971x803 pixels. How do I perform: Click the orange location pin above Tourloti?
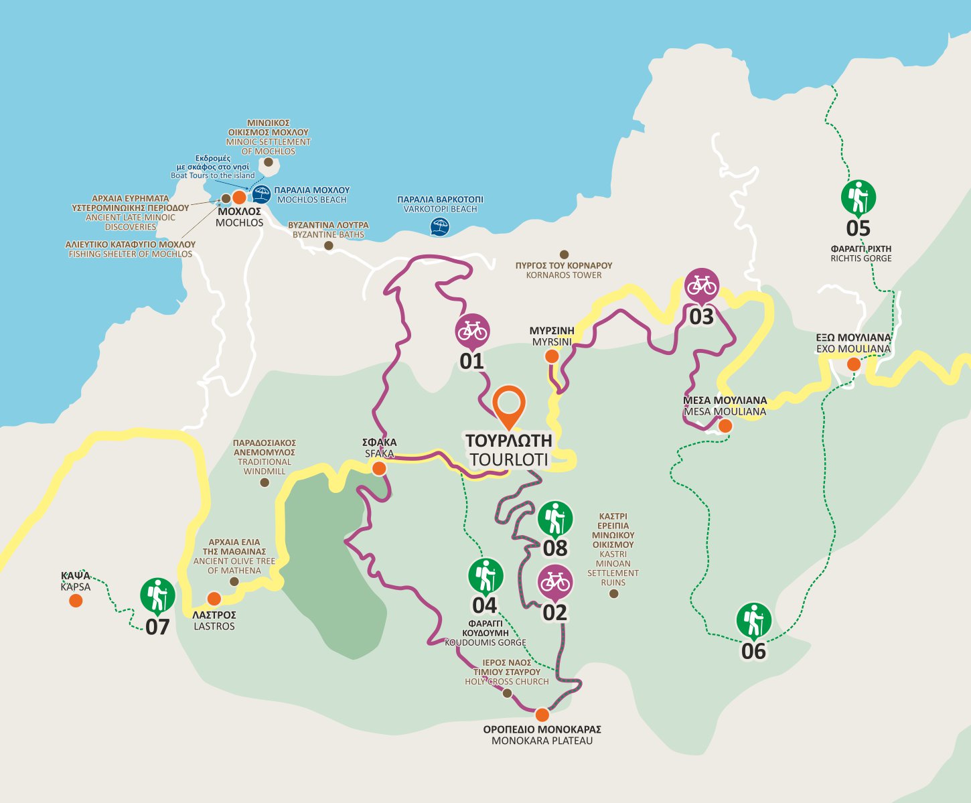(509, 404)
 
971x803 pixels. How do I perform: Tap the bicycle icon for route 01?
(472, 330)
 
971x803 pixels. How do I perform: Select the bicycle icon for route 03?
(701, 285)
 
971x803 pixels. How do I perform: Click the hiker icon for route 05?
(858, 197)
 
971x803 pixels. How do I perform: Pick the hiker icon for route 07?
(157, 595)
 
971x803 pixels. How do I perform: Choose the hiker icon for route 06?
(753, 619)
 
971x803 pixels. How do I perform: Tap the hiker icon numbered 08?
(555, 518)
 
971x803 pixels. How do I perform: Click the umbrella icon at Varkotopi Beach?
(439, 226)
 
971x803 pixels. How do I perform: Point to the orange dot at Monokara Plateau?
(542, 715)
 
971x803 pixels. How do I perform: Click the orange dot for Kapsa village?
(76, 601)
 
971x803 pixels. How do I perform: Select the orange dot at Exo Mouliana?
(853, 364)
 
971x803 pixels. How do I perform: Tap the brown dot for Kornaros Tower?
(564, 254)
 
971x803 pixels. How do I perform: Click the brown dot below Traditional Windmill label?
(265, 482)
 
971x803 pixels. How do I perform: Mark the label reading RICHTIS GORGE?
(861, 259)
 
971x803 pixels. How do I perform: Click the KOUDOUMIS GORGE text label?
(485, 642)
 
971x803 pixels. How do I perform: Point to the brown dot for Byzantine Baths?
(328, 246)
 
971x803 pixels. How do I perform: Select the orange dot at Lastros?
(214, 599)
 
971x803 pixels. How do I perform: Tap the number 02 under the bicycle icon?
(554, 612)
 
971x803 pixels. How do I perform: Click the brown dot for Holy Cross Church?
(507, 693)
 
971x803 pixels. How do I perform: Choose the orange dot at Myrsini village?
(551, 356)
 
